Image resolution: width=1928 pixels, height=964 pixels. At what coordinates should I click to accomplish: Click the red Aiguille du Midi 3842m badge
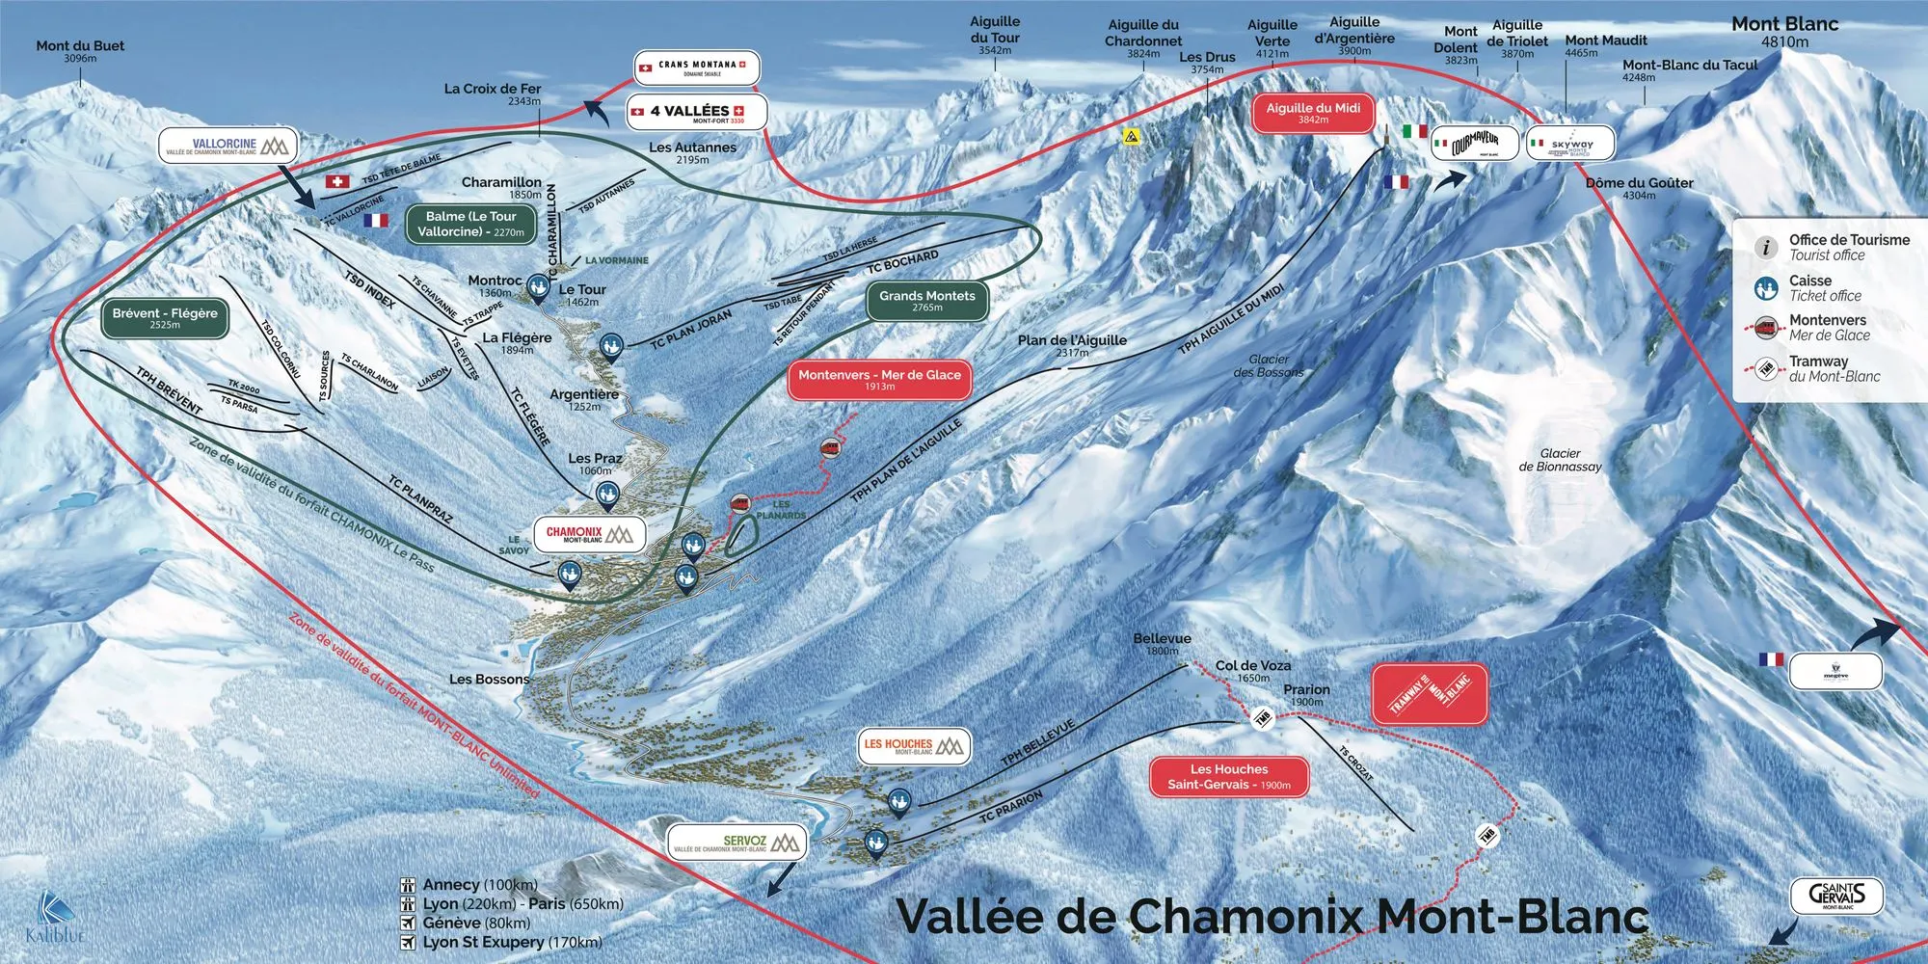pos(1313,113)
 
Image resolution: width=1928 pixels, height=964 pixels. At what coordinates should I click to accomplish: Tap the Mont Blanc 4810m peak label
pos(1784,32)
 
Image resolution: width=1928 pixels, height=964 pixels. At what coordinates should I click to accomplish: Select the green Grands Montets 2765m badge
pos(926,300)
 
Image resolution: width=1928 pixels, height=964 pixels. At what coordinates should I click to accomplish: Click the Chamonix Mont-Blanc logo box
pos(589,534)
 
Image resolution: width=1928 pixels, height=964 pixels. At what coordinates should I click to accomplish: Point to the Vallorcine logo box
pos(227,146)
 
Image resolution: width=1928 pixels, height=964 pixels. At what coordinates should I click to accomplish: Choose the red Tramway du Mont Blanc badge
pos(1429,693)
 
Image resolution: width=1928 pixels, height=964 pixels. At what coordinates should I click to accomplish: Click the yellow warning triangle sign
pos(1131,138)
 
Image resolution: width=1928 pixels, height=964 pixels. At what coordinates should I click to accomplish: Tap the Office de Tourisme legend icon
pos(1765,248)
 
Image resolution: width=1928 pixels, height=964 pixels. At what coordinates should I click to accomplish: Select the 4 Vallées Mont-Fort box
pos(696,113)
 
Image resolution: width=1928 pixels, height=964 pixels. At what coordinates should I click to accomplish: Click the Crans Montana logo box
pos(696,67)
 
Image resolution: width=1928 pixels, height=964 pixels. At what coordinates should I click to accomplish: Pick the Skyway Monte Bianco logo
pos(1570,145)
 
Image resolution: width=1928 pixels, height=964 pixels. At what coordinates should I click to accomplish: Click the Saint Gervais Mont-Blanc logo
pos(1835,896)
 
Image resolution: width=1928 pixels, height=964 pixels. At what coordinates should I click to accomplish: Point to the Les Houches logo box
pos(912,745)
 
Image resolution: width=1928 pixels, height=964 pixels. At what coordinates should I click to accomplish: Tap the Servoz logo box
pos(736,843)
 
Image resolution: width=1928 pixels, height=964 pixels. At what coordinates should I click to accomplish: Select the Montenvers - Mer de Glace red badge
pos(879,379)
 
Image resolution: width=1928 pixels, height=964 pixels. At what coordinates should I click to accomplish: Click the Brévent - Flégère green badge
pos(165,318)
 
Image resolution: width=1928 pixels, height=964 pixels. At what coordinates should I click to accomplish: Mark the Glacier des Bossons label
pos(1268,365)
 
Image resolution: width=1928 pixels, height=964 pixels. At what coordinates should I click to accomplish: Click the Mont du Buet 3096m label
pos(80,50)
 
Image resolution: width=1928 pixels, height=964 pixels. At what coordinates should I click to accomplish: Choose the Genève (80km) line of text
pos(475,923)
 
